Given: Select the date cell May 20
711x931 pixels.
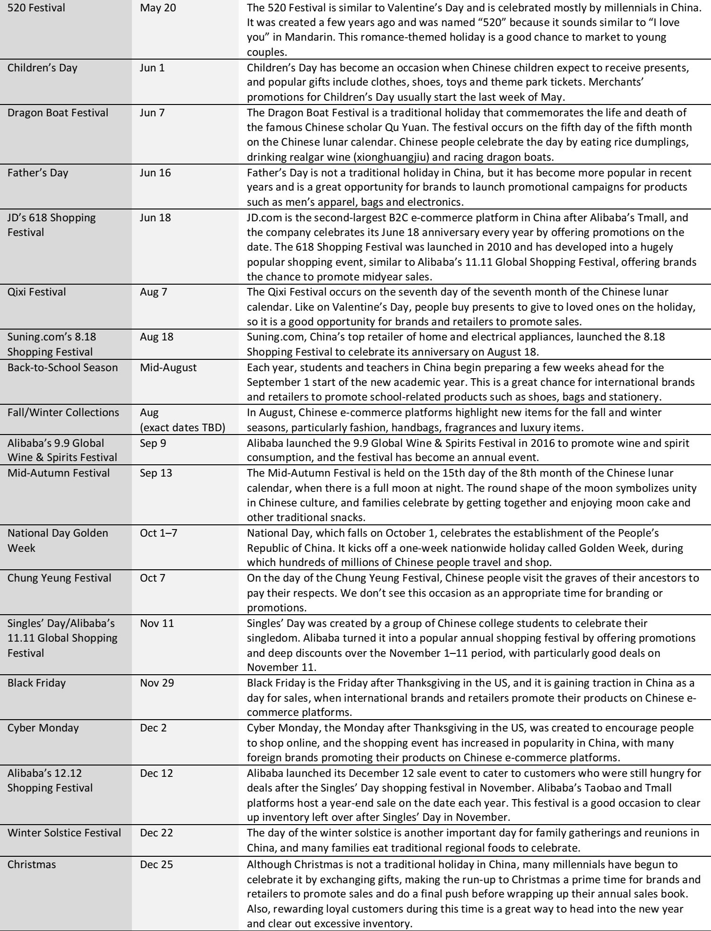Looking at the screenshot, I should pyautogui.click(x=158, y=8).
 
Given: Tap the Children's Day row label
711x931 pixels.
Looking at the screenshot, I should pyautogui.click(x=42, y=68).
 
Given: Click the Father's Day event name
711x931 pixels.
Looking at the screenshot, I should pyautogui.click(x=38, y=173).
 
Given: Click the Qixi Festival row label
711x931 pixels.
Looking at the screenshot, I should pyautogui.click(x=37, y=292).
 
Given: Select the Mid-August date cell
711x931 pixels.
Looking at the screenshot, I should pyautogui.click(x=168, y=367).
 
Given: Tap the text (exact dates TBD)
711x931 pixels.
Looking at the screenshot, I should pyautogui.click(x=182, y=428).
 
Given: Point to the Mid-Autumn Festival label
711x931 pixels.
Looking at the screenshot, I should pyautogui.click(x=59, y=473).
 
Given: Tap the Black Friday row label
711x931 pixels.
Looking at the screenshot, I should pyautogui.click(x=36, y=683).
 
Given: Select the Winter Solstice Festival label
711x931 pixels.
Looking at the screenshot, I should pyautogui.click(x=64, y=833).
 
